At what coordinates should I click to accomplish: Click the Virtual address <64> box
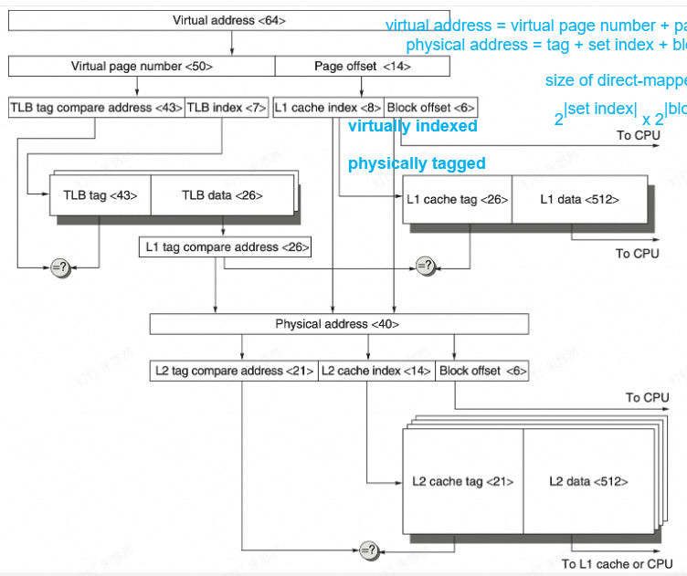tap(228, 20)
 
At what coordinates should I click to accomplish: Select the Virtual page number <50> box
tap(142, 67)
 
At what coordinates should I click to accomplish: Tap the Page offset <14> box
tap(362, 67)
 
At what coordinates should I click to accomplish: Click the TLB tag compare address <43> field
tap(96, 107)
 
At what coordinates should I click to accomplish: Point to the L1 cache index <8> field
tap(328, 107)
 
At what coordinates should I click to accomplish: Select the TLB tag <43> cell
tap(100, 194)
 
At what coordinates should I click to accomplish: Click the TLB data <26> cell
tap(221, 194)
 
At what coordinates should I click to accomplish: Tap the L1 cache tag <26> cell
tap(457, 199)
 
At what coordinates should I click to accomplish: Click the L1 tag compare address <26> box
tap(225, 246)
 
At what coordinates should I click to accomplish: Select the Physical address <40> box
tap(337, 324)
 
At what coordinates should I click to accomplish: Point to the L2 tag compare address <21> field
tap(235, 371)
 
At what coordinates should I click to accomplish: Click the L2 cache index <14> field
tap(376, 371)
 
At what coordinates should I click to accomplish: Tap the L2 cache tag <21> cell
tap(462, 481)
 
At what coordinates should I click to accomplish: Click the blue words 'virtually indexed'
tap(413, 127)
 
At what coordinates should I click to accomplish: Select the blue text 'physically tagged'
tap(417, 164)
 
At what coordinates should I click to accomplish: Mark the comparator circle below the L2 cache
tap(369, 550)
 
